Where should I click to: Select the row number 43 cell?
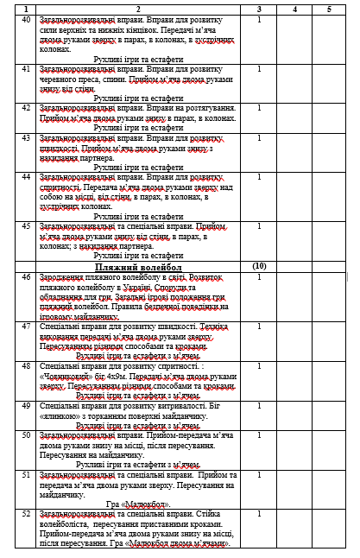27,138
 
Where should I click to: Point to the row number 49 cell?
27,404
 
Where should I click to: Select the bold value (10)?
259,267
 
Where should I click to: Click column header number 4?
295,9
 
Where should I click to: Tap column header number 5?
328,9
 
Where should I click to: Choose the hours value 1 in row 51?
259,475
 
